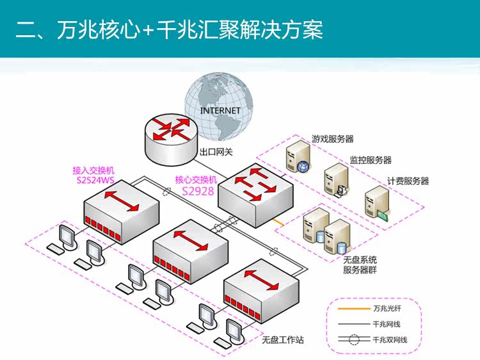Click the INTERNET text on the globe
220,110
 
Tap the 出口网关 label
216,152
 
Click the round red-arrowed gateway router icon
170,139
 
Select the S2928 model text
198,191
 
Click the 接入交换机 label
93,170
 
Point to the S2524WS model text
95,180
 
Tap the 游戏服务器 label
332,139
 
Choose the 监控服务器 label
371,160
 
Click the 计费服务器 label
408,181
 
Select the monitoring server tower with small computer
337,180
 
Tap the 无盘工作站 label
283,340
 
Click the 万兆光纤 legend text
387,308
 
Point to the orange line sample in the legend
354,309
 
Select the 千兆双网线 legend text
390,340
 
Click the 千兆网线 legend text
387,324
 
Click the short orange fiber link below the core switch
278,222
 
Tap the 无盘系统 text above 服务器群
360,260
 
